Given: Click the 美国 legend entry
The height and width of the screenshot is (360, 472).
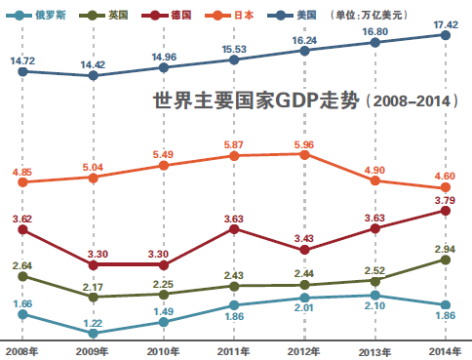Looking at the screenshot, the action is [x=292, y=15].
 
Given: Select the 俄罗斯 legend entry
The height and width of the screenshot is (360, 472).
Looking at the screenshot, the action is [x=36, y=15].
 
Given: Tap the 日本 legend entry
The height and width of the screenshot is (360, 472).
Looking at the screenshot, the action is [x=229, y=15].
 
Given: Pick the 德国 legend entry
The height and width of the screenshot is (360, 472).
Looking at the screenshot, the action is [x=166, y=15].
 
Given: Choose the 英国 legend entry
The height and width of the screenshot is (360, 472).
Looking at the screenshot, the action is [x=103, y=15].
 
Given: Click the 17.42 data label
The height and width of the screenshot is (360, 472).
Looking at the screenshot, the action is [x=446, y=24].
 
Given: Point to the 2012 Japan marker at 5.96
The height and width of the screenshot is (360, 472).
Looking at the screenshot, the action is [x=304, y=155].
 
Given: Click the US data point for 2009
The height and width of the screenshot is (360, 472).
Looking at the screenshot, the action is [x=94, y=76].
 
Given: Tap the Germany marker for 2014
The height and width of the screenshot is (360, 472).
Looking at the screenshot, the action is [x=446, y=211].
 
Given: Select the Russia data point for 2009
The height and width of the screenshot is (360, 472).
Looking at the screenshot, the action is [x=94, y=334].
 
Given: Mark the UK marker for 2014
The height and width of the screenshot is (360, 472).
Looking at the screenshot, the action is [x=446, y=260].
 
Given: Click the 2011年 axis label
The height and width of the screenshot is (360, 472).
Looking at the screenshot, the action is [x=233, y=351].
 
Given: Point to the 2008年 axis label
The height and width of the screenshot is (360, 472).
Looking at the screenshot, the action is [x=21, y=351].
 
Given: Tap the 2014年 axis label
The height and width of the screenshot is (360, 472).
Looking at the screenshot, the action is [x=445, y=351].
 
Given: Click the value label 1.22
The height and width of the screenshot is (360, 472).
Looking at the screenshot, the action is [x=93, y=323].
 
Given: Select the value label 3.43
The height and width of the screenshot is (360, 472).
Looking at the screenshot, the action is [x=304, y=238].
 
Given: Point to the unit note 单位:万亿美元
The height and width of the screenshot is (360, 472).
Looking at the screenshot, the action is [x=369, y=15].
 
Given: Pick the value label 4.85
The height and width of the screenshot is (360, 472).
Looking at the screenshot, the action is [x=22, y=172].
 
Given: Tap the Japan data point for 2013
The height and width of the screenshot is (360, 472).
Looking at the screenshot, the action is [x=375, y=180].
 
